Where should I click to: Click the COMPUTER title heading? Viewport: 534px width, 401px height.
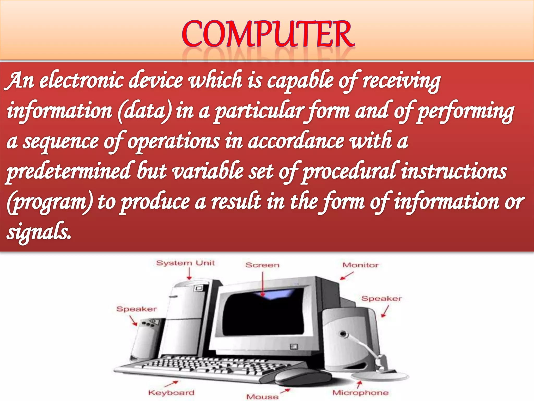(268, 34)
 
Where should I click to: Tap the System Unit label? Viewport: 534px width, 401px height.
(185, 263)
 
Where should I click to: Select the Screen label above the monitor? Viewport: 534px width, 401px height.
(262, 265)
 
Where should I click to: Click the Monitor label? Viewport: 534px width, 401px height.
(360, 265)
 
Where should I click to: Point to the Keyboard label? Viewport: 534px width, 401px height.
(171, 393)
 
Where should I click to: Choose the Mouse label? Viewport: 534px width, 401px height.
(262, 397)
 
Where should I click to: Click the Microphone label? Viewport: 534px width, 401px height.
(360, 393)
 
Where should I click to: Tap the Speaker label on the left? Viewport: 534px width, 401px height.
(136, 309)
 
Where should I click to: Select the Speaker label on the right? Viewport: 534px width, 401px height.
(381, 299)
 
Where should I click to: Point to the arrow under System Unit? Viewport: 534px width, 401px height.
(190, 274)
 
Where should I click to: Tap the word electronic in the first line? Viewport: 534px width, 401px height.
(81, 81)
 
